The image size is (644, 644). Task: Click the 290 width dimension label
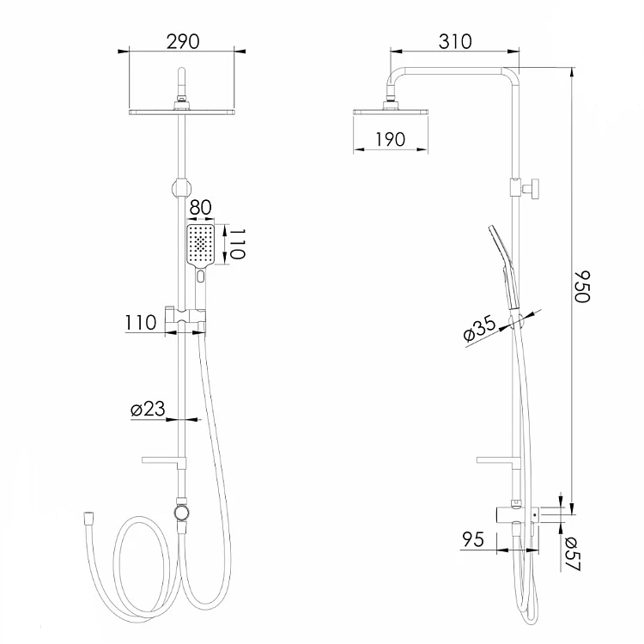183,41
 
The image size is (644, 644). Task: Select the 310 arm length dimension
455,41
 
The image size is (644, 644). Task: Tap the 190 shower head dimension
390,140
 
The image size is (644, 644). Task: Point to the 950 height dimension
582,286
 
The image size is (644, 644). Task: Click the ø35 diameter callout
479,329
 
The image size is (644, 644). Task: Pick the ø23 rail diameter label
148,409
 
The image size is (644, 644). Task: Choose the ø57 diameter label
572,554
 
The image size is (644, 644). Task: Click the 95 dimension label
473,539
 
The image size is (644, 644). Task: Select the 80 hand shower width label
200,208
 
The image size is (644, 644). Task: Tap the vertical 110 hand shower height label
237,244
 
